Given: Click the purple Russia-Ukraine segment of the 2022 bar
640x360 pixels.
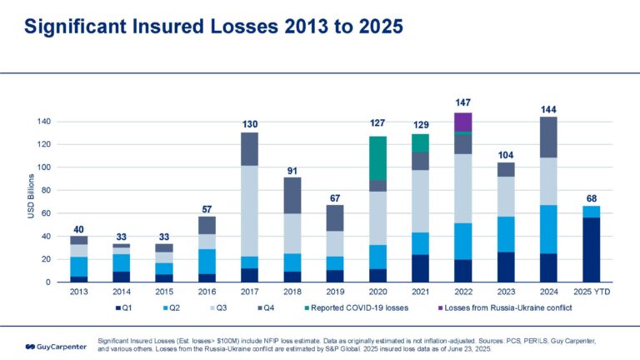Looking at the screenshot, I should [463, 122].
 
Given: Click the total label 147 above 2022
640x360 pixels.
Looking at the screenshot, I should [463, 102].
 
